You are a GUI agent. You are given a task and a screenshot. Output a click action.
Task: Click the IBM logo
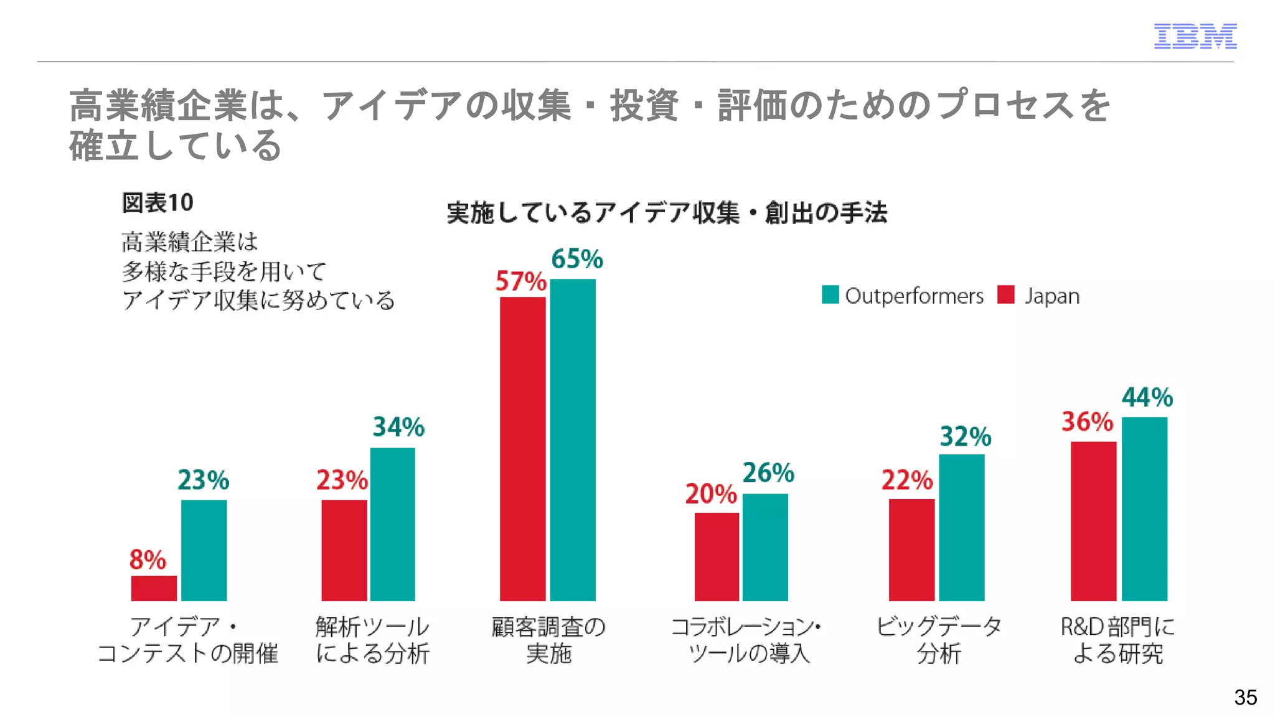coord(1195,36)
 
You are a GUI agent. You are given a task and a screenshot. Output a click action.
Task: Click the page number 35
coord(1245,697)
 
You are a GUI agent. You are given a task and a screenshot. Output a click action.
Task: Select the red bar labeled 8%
coord(154,588)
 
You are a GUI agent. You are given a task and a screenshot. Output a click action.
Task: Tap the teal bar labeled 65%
coord(573,439)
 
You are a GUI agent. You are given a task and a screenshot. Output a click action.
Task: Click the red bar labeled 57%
coord(523,448)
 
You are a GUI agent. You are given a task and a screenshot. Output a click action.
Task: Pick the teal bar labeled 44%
coord(1144,508)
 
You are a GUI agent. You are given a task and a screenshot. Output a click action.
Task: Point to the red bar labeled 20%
coord(717,556)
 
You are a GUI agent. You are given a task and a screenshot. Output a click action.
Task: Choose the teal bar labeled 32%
coord(962,527)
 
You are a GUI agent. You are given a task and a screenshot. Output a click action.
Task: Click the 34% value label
coord(398,427)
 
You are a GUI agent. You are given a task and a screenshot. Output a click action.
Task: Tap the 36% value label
coord(1087,421)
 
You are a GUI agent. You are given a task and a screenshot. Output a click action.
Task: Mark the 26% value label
coord(768,473)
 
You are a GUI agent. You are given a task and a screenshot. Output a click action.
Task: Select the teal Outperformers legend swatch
coord(830,294)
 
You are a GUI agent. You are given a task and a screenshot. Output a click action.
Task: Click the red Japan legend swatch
coord(1006,294)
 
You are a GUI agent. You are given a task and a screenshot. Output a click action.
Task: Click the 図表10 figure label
coord(158,203)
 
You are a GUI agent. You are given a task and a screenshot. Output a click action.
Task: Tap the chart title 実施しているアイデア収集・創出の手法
coord(667,213)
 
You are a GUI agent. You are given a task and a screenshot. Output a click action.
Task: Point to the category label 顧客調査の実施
coord(548,640)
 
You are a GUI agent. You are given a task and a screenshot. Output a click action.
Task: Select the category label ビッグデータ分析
coord(939,640)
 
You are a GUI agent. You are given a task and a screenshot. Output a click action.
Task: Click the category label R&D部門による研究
coord(1117,640)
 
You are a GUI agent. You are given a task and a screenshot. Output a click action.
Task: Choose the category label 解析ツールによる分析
coord(372,640)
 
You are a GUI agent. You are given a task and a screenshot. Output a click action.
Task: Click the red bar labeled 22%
coord(911,550)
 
